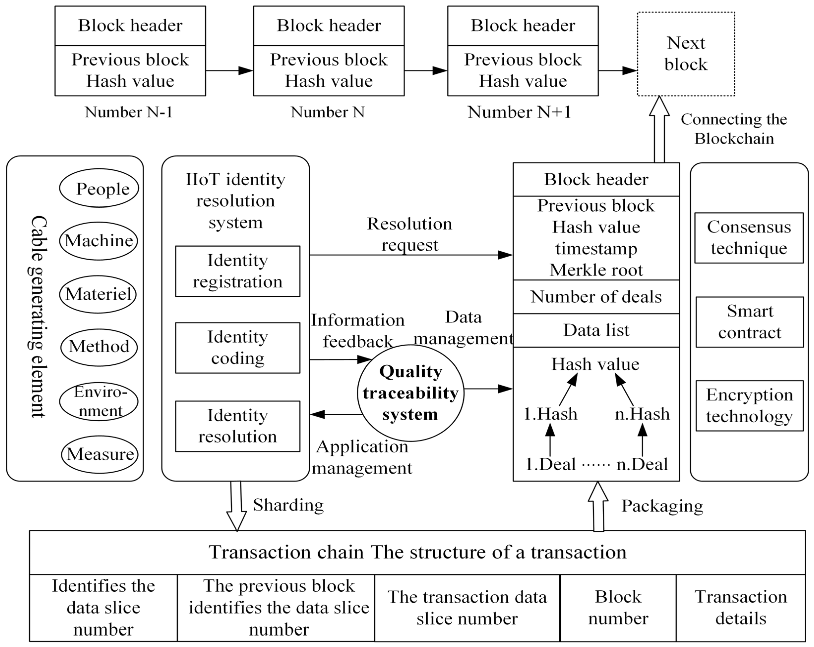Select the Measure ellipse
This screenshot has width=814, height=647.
(x=100, y=454)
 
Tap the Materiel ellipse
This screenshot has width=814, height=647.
(x=98, y=294)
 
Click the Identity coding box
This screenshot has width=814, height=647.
(x=237, y=348)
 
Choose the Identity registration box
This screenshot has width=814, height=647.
(x=237, y=271)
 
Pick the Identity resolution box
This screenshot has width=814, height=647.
(x=237, y=426)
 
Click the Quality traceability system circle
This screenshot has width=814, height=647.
(x=410, y=393)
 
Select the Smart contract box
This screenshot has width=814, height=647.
(x=750, y=322)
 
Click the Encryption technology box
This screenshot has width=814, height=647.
(x=750, y=406)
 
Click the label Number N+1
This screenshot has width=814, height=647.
(x=519, y=112)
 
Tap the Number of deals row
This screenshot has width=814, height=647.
(x=596, y=297)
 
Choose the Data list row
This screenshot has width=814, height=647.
(x=596, y=330)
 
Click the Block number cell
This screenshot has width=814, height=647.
(x=618, y=608)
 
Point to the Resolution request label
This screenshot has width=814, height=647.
(x=410, y=234)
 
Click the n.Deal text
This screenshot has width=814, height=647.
(x=642, y=464)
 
